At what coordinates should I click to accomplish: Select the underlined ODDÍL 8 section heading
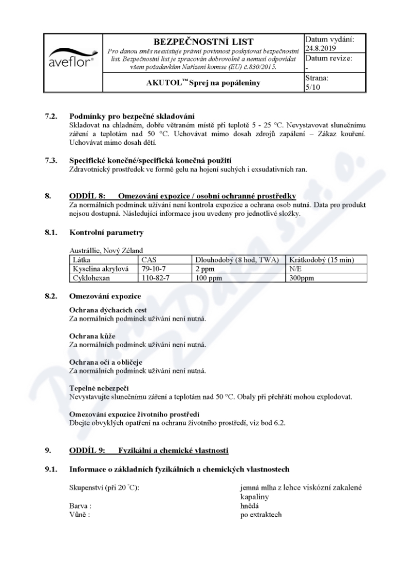182,196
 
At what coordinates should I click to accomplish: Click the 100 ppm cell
206,277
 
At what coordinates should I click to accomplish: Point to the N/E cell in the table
296,269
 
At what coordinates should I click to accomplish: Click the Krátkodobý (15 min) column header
322,260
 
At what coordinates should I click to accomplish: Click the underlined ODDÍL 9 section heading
148,450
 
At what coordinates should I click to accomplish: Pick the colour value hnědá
250,505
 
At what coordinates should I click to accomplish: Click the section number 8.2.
51,296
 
